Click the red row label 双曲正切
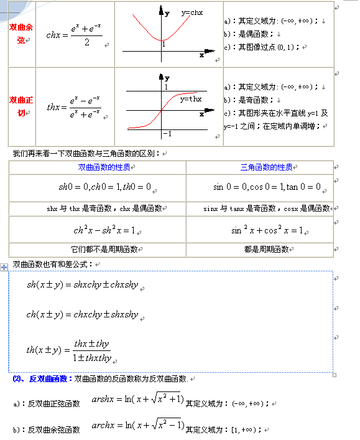pyautogui.click(x=21, y=106)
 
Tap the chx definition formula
pyautogui.click(x=73, y=35)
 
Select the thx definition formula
pyautogui.click(x=73, y=107)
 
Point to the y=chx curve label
pyautogui.click(x=192, y=12)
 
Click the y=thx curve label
pyautogui.click(x=191, y=99)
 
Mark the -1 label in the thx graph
pyautogui.click(x=167, y=134)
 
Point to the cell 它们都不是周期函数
pyautogui.click(x=96, y=250)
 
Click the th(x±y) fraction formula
pyautogui.click(x=68, y=350)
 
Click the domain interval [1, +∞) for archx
pyautogui.click(x=244, y=430)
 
